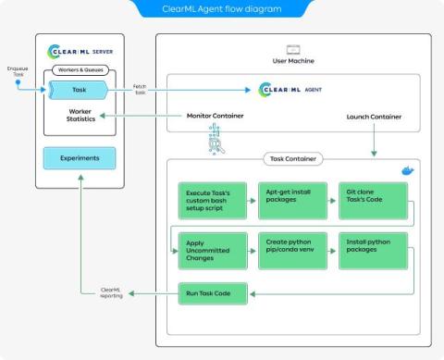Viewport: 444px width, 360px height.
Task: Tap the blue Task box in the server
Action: (x=79, y=91)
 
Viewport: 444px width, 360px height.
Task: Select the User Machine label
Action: (x=293, y=61)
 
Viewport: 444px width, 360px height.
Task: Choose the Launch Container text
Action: (x=374, y=117)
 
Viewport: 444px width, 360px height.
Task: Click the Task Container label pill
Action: (x=293, y=159)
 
